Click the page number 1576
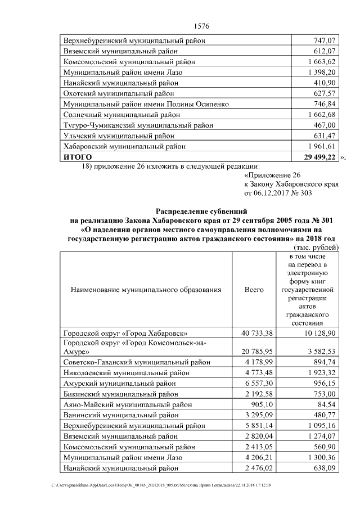(201, 26)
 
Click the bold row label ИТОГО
(78, 157)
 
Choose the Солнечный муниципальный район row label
(120, 115)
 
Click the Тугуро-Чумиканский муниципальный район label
(134, 125)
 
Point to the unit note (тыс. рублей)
(316, 247)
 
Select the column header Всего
(254, 290)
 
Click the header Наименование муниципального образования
(146, 290)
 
